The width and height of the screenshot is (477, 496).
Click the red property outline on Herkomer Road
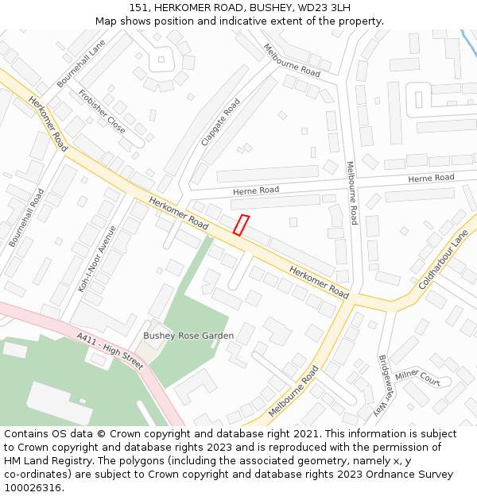(x=242, y=225)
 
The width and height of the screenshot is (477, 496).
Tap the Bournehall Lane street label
(x=81, y=63)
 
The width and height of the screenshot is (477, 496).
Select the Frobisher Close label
(x=102, y=111)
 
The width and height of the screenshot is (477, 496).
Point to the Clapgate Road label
(x=220, y=121)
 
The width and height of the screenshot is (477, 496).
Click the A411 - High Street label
(x=111, y=352)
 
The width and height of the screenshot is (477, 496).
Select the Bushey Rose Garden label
(x=188, y=336)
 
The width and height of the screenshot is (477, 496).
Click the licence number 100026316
(x=33, y=488)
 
